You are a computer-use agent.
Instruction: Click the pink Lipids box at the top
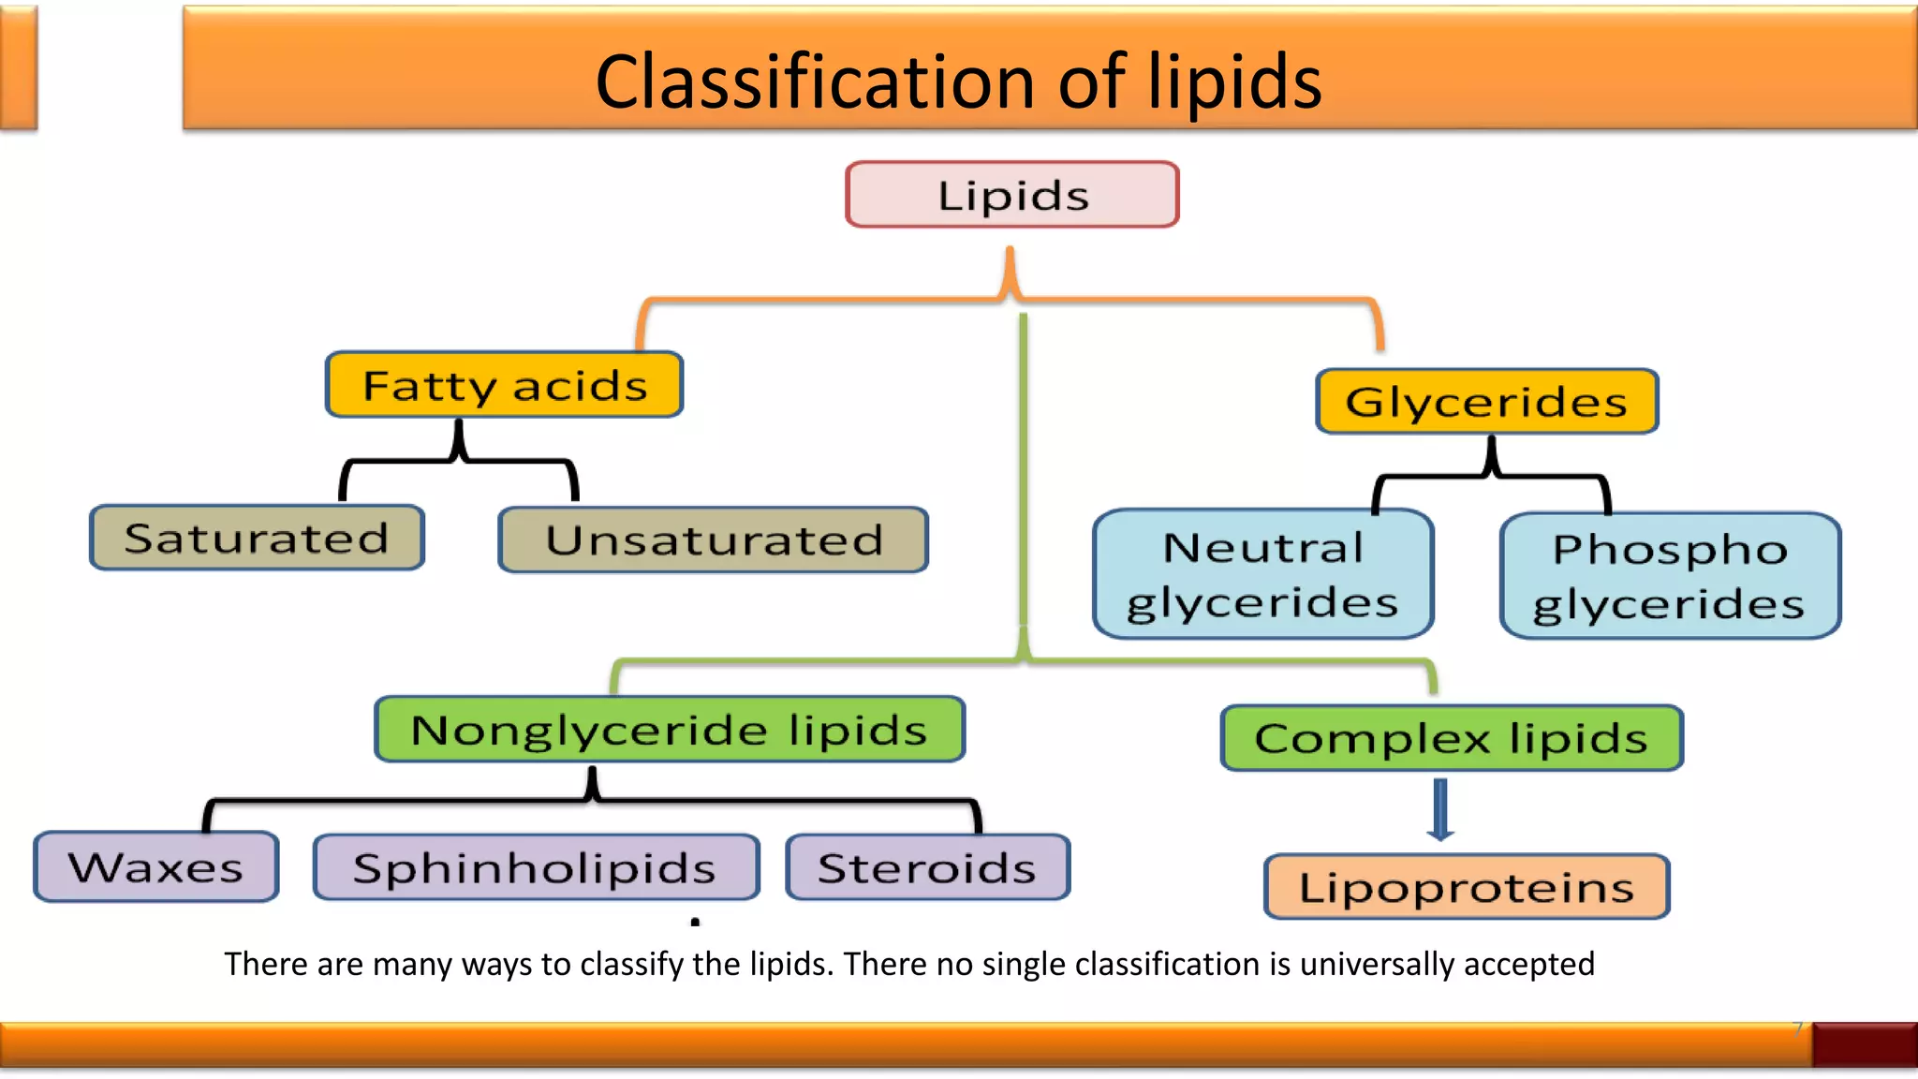click(1011, 195)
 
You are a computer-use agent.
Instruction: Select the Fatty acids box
click(504, 385)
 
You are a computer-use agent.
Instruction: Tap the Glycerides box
click(1486, 402)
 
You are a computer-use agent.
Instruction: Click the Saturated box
click(257, 538)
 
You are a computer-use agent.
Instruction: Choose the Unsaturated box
click(713, 539)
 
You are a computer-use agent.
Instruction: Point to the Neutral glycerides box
click(1262, 574)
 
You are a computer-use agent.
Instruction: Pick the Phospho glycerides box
click(1669, 576)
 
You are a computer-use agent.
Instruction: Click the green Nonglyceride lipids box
click(669, 730)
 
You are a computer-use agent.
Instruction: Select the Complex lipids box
click(1451, 738)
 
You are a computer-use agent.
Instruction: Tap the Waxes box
click(155, 867)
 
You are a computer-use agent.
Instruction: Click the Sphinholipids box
click(535, 867)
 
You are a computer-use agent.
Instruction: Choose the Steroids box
click(927, 867)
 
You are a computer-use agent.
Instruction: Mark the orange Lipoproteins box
click(1466, 886)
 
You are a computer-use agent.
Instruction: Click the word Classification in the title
click(813, 82)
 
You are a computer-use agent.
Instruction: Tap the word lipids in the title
click(1234, 82)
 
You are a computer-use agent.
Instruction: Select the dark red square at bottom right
click(1864, 1044)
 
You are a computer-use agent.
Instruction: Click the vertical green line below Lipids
click(1024, 468)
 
